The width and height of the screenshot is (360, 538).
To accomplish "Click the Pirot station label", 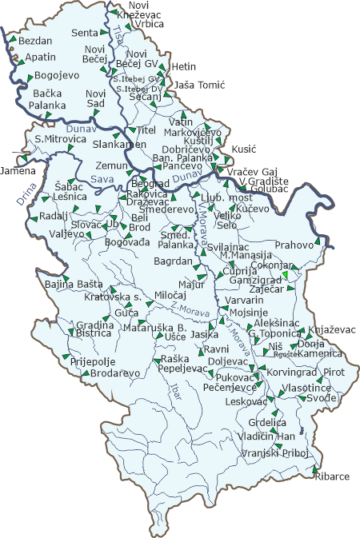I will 334,372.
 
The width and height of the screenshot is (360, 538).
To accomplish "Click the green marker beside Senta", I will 105,33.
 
